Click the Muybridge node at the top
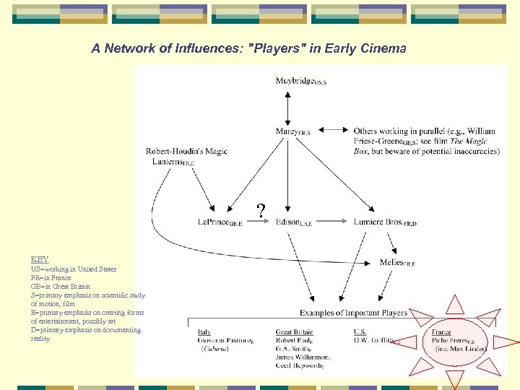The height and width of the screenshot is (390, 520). [x=300, y=82]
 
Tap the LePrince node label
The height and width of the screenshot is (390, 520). [x=220, y=222]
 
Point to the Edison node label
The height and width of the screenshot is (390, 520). [x=293, y=222]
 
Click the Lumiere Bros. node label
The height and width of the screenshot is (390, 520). [x=385, y=222]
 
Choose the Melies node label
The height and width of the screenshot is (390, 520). [x=396, y=263]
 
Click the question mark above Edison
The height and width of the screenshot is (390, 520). [x=261, y=210]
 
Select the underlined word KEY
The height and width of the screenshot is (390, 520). [x=40, y=259]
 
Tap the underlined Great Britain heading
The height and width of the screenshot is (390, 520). [x=294, y=332]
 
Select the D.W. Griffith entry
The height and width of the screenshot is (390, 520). [x=376, y=341]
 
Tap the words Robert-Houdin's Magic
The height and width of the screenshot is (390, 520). [x=186, y=152]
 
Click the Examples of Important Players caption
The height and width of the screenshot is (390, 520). [x=353, y=313]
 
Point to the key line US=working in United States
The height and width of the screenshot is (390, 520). [x=74, y=269]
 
